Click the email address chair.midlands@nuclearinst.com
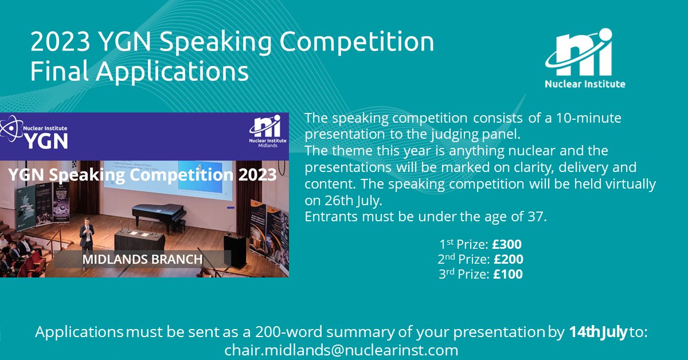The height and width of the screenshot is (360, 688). coord(341,350)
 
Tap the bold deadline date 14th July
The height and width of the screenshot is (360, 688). coord(597,332)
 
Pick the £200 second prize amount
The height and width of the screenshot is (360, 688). coord(508,260)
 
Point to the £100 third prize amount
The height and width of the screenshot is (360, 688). coord(507,274)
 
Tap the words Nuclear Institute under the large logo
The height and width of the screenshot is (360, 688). coord(585,84)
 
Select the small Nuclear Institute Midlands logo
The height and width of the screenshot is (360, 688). coord(264,131)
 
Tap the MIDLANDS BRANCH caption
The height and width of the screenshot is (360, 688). coord(142,259)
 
